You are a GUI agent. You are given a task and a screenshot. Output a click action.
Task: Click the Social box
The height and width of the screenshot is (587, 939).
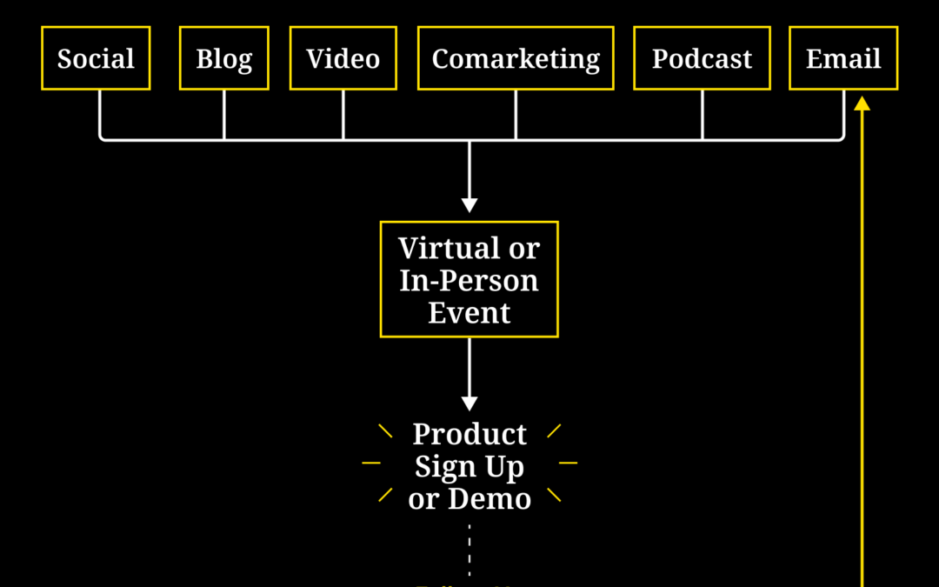coord(96,58)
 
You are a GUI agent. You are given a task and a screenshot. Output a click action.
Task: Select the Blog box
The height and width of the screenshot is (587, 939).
coord(224,58)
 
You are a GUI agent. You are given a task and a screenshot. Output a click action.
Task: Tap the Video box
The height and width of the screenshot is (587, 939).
coord(343,58)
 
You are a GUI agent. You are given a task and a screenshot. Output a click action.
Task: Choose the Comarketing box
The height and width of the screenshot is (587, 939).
coord(516,58)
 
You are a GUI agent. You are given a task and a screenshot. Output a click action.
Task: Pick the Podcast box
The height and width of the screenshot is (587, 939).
coord(702,58)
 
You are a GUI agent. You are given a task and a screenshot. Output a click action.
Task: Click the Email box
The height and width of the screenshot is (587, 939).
coord(843,58)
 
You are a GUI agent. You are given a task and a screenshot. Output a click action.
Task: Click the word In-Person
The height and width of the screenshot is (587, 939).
coord(469,281)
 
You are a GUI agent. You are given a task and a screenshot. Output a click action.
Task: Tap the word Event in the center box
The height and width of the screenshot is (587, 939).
coord(469,313)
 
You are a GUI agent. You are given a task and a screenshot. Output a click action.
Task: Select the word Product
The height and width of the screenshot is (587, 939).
coord(469,434)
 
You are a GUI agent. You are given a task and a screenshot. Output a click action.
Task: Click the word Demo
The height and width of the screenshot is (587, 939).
coord(489,499)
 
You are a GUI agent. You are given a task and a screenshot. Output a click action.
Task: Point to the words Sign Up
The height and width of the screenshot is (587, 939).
coord(469,467)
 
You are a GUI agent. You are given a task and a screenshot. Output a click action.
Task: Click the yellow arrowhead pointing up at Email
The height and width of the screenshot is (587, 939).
coord(862,103)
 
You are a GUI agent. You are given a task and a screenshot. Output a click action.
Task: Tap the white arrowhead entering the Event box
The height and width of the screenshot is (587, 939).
coord(469,205)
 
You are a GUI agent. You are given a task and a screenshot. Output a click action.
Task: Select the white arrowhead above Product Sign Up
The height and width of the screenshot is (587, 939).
coord(469,404)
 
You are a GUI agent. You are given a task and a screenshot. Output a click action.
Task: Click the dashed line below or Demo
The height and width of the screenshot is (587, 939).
coord(469,548)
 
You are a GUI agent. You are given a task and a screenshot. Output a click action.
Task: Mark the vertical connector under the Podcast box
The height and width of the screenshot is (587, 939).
coord(703,114)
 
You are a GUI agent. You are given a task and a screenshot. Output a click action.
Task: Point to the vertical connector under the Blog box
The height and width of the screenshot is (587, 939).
coord(224,114)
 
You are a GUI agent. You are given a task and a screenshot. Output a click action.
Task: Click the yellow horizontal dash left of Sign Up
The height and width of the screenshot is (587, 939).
coord(371,464)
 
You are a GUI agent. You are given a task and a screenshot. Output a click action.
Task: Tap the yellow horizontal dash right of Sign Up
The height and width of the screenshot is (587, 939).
coord(568,464)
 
